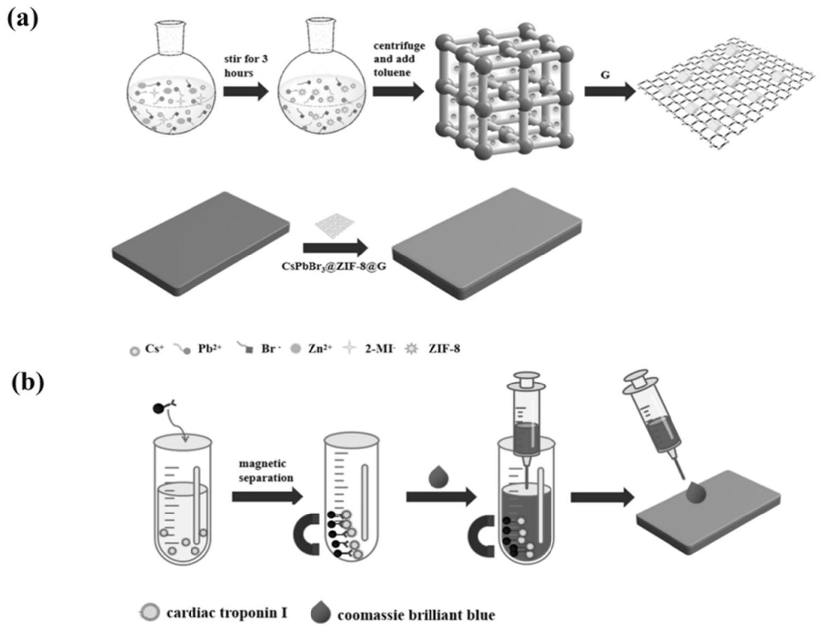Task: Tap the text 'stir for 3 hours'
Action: point(246,65)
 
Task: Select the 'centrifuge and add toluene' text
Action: point(398,59)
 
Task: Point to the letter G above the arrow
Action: point(605,75)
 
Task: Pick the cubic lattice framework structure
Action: point(502,91)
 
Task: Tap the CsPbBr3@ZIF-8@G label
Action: point(334,266)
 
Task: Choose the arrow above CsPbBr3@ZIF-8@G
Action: point(336,248)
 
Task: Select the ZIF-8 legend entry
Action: point(435,348)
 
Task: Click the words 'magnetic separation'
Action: point(266,470)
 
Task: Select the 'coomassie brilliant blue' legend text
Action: point(416,614)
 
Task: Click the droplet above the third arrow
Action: point(439,476)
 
